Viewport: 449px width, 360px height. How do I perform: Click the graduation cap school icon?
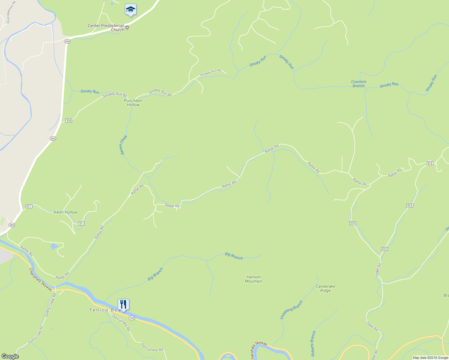click(x=131, y=10)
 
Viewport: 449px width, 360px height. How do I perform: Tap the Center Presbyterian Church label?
click(x=106, y=28)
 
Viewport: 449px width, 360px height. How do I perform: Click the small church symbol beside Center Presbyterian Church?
click(x=127, y=28)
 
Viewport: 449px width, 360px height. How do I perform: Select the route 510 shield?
click(x=69, y=121)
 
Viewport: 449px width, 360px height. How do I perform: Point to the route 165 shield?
click(x=132, y=317)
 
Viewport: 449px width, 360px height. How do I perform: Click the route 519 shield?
click(x=353, y=223)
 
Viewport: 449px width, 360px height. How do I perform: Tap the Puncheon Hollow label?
click(x=133, y=103)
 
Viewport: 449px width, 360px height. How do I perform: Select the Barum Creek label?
click(x=124, y=145)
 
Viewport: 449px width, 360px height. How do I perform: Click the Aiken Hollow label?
click(x=65, y=212)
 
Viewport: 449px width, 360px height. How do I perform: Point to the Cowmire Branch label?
click(x=359, y=84)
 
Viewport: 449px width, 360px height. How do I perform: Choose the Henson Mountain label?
click(x=254, y=279)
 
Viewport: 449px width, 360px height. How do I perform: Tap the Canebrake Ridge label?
click(x=325, y=288)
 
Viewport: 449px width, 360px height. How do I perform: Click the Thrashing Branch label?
click(x=291, y=310)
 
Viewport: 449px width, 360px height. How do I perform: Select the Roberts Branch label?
click(x=313, y=343)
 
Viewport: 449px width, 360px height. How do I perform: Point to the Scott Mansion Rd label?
click(x=10, y=14)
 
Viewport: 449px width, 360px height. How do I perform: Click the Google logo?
click(x=10, y=356)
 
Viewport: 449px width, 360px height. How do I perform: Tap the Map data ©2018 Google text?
click(x=430, y=358)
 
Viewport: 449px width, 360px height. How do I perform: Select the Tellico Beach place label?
click(x=104, y=310)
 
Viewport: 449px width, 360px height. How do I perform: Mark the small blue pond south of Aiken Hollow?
click(x=54, y=247)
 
